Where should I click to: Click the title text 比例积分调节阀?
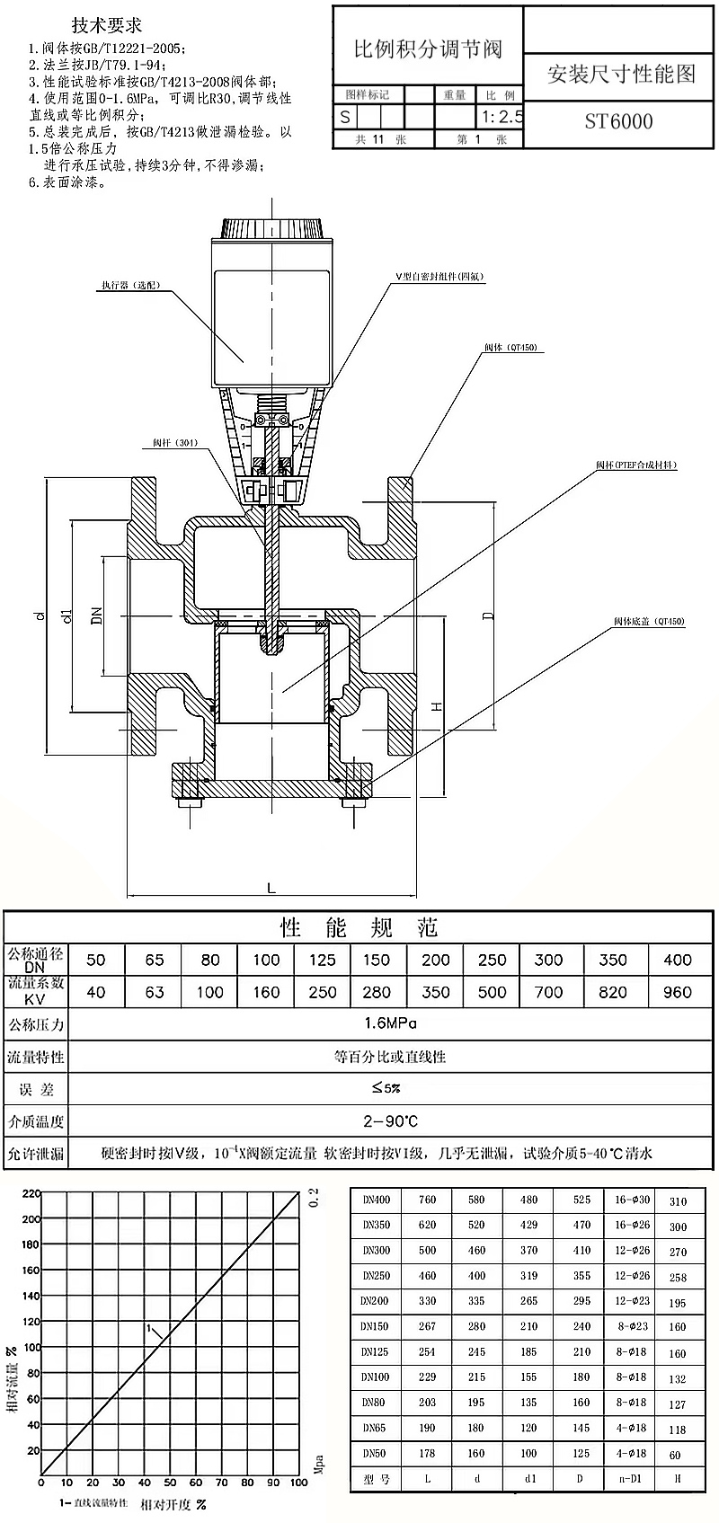tap(427, 49)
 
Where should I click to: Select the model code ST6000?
tap(618, 121)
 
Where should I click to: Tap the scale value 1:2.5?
tap(502, 116)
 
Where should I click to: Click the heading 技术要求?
tap(107, 26)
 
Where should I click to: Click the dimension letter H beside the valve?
tap(437, 706)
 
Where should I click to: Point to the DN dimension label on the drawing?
tap(97, 615)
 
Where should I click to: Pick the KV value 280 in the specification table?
tap(377, 992)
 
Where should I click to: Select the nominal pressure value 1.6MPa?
tap(390, 1023)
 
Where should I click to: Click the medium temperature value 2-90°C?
tap(390, 1120)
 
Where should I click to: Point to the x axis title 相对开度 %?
tap(174, 1503)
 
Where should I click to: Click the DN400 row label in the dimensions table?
tap(376, 1200)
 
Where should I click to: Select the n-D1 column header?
tap(630, 1478)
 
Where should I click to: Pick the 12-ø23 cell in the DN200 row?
tap(630, 1300)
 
